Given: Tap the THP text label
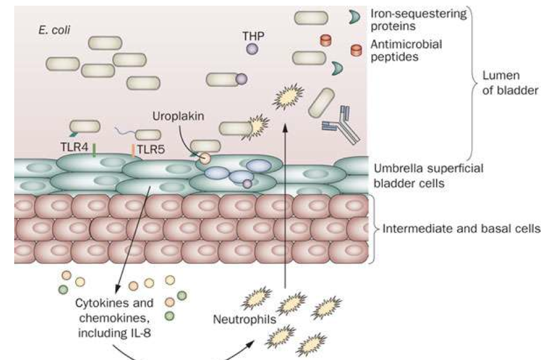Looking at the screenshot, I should pos(252,35).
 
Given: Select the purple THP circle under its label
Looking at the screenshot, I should pos(252,49).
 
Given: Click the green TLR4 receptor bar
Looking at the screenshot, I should pos(94,150).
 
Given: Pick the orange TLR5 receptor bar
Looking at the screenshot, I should pos(133,150).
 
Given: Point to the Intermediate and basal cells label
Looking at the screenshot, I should pos(461,230).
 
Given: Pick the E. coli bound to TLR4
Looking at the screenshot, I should pos(85,126).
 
